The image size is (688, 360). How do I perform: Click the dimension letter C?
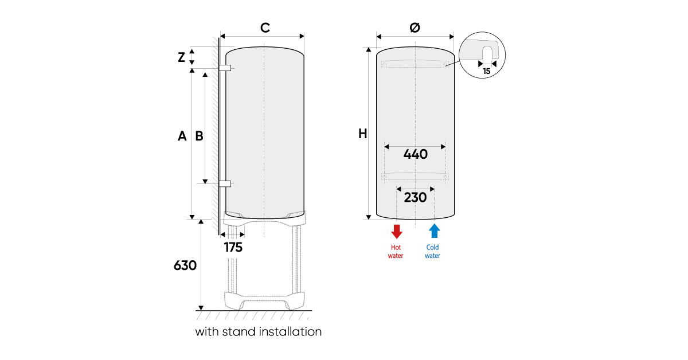(264, 28)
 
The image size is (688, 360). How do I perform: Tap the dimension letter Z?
(181, 57)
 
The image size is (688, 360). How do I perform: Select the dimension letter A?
(182, 136)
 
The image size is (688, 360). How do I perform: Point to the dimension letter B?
(199, 136)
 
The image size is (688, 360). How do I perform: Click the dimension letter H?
(362, 134)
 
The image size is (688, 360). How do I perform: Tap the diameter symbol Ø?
(416, 28)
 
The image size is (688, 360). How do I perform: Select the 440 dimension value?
(415, 154)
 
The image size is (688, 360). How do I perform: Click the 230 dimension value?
(415, 197)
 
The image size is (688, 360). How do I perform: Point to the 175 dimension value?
(233, 248)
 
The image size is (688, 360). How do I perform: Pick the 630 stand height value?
(185, 265)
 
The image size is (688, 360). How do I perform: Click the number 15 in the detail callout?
(486, 72)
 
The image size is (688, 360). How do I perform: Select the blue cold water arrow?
(434, 231)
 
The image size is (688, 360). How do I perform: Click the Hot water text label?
(396, 252)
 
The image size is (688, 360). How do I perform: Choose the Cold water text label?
(433, 252)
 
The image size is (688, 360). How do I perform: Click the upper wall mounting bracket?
(225, 68)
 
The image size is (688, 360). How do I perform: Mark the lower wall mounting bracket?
(225, 184)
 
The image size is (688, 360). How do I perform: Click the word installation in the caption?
(290, 331)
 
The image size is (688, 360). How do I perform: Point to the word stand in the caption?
(238, 331)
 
